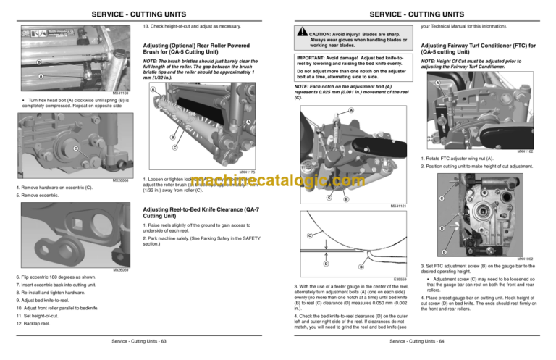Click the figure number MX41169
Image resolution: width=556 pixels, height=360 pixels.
[x=121, y=93]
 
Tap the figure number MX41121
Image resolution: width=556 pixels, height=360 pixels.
[x=397, y=206]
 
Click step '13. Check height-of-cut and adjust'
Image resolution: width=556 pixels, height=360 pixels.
[x=189, y=25]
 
